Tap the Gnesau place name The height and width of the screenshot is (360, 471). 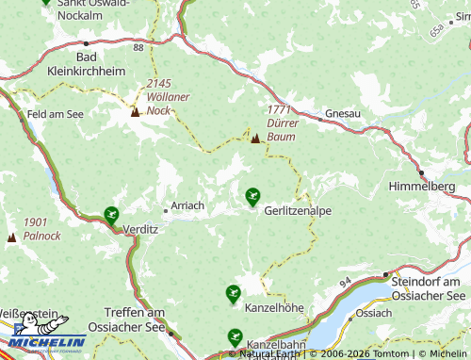pos(342,114)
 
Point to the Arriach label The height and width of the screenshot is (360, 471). pos(187,205)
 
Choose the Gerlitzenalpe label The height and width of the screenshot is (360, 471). pos(298,211)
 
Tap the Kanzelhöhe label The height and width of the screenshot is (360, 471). pos(274,308)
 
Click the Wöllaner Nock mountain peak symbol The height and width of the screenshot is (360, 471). pos(135,112)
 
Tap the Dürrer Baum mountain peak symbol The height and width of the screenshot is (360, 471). pos(254,139)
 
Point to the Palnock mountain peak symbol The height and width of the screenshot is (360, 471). pos(11,237)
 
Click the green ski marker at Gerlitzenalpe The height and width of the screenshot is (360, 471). pos(252,195)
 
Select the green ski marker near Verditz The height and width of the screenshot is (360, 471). pos(111,214)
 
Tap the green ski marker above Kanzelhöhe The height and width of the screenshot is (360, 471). pos(233,293)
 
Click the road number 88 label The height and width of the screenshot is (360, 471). pos(138,46)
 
